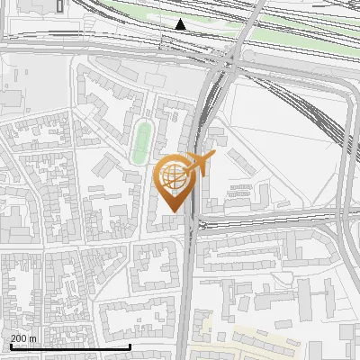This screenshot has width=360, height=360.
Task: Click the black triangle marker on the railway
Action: click(181, 24)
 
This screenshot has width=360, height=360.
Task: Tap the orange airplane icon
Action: click(199, 163)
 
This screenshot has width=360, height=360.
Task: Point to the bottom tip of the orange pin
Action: click(174, 211)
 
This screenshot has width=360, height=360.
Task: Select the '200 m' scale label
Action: click(23, 338)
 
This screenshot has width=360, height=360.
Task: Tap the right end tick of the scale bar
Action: click(130, 346)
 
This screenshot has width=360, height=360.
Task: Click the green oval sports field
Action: click(140, 143)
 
